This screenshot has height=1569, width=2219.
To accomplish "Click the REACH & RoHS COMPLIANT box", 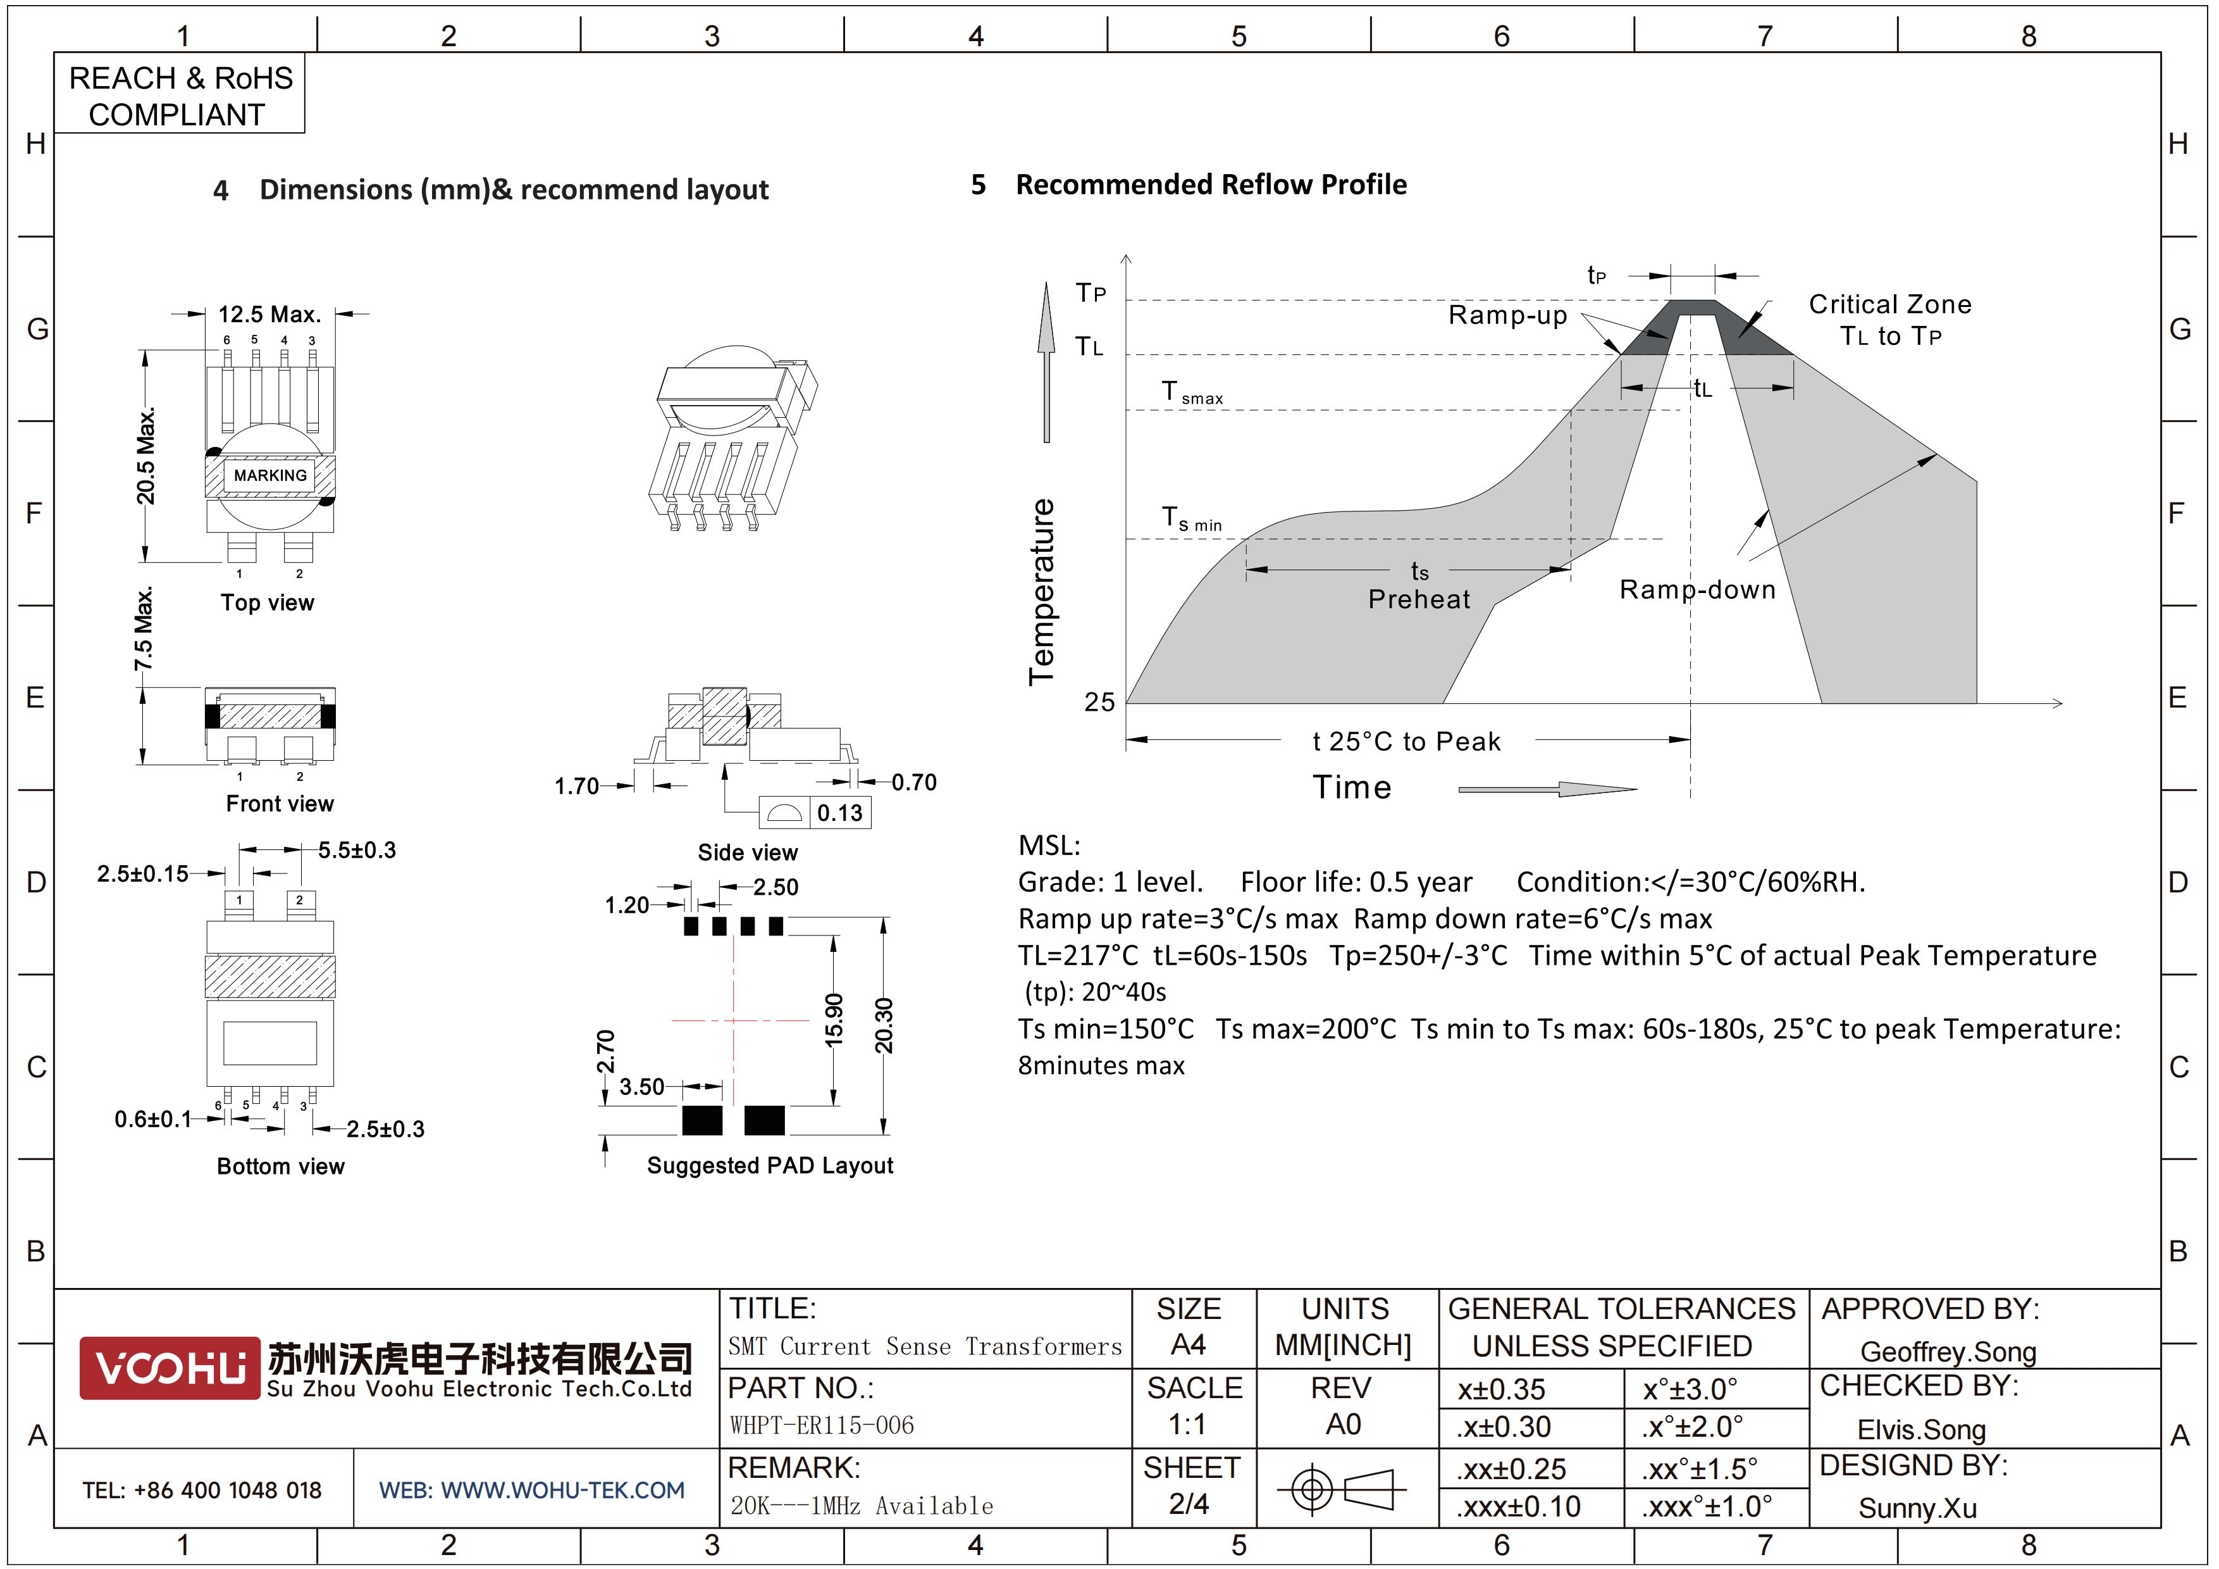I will (x=180, y=96).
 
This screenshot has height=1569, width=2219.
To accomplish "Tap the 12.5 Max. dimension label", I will (x=269, y=314).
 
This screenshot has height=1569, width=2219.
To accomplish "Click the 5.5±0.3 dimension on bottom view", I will (x=357, y=850).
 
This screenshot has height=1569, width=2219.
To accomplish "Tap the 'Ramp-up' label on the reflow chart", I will (x=1507, y=315).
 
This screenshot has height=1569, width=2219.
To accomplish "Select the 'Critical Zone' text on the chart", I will (x=1889, y=304).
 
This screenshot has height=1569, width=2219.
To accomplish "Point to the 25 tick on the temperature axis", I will (x=1099, y=702).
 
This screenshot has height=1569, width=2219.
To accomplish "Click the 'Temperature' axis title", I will (x=1041, y=592).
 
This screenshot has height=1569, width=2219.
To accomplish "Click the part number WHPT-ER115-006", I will (x=822, y=1425).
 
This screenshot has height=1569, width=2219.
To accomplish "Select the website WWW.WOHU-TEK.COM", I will (x=531, y=1490).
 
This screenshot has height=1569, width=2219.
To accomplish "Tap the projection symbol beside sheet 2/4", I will (x=1342, y=1489).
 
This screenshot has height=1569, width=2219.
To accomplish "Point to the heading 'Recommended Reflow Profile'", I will (x=1210, y=185).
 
